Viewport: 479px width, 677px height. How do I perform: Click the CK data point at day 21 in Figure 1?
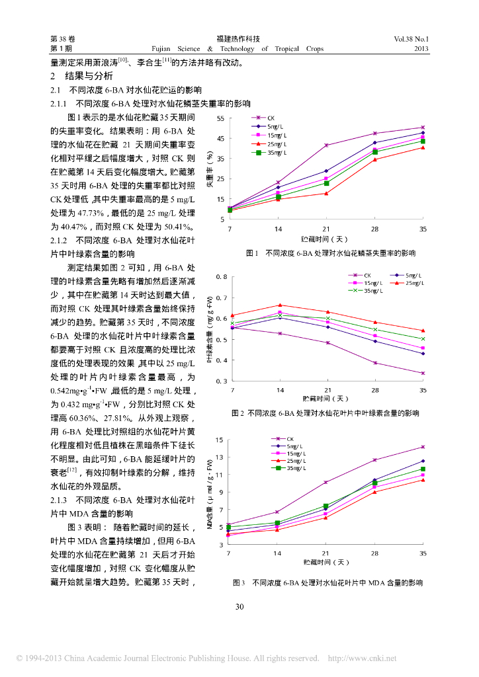click(326, 145)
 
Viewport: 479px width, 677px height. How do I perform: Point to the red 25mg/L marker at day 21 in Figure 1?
click(326, 193)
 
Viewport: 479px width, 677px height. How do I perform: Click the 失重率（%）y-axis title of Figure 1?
click(209, 169)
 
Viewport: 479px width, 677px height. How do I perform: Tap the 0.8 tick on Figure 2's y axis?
click(222, 276)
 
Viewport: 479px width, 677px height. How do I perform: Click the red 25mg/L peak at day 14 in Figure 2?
click(280, 305)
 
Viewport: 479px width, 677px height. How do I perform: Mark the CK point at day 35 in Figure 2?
click(423, 373)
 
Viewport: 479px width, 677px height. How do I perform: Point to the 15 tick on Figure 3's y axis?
click(220, 440)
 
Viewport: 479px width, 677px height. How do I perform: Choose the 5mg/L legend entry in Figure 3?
click(292, 446)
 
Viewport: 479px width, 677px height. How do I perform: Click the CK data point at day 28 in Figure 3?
click(374, 460)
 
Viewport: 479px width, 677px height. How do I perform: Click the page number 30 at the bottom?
click(239, 607)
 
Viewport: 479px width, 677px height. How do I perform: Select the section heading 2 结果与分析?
click(78, 76)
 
